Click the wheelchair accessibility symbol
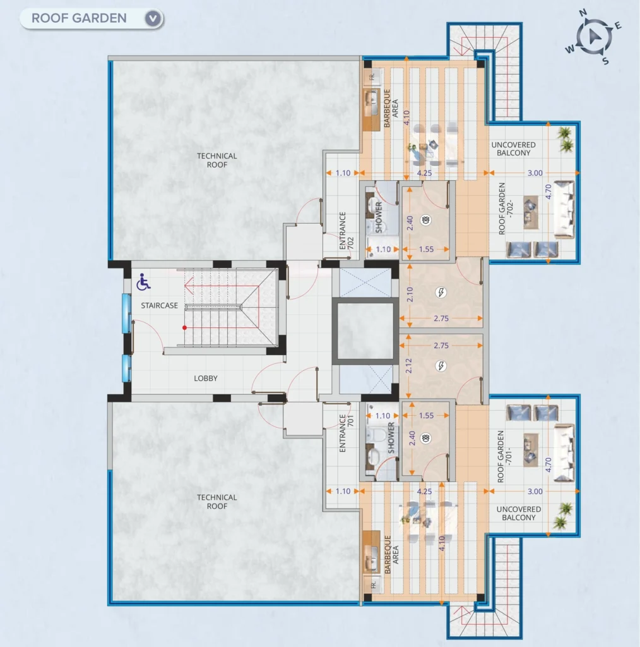[143, 282]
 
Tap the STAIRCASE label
[160, 306]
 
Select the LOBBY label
[206, 378]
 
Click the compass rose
[593, 37]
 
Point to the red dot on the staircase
[185, 328]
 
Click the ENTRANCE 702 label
[346, 231]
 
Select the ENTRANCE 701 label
[346, 433]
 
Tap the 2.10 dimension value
[410, 294]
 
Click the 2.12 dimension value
[408, 366]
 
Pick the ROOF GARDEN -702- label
[506, 209]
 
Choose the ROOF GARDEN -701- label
[504, 456]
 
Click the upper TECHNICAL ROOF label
[216, 160]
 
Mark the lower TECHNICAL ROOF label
[216, 502]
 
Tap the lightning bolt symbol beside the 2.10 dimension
[441, 293]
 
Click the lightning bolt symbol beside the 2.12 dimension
[441, 366]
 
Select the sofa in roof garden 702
[564, 210]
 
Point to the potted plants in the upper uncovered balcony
[566, 139]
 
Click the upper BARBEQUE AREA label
[391, 108]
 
